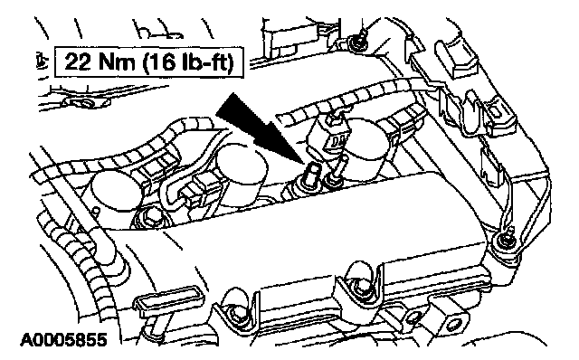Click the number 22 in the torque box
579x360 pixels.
(78, 62)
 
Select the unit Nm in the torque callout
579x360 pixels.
(117, 62)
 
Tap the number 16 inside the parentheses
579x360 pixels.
(163, 62)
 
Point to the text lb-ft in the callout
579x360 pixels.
(206, 62)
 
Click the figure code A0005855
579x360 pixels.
(63, 340)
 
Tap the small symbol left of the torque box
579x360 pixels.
(43, 62)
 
